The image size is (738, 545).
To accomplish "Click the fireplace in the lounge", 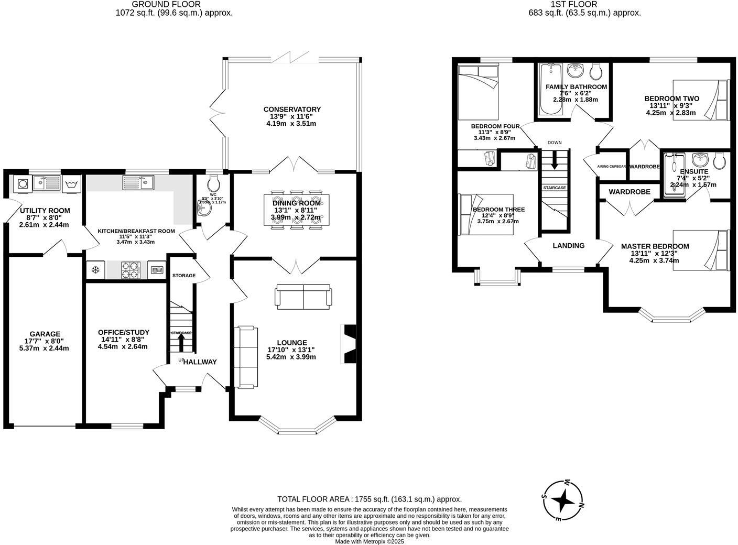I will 349,344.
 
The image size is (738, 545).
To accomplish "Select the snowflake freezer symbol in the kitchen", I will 95,270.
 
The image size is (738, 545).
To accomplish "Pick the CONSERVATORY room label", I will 292,110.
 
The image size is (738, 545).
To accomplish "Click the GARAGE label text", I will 45,334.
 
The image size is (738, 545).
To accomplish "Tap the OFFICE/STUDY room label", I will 124,332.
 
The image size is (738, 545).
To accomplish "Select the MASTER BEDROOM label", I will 655,246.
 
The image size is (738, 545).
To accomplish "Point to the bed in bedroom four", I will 477,92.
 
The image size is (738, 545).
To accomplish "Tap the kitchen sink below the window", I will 138,182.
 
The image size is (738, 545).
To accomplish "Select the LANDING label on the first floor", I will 569,245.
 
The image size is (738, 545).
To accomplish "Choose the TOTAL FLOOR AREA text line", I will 369,499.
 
